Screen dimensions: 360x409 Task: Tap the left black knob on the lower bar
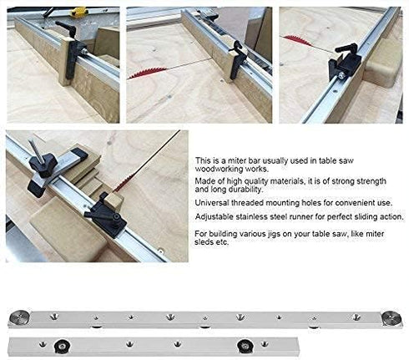coord(61,344)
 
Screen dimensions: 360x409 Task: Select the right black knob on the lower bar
coord(243,345)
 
